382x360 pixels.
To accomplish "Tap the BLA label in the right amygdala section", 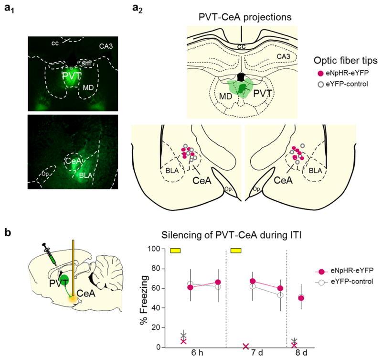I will click(314, 170).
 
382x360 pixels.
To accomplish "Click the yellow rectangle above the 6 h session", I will click(176, 250).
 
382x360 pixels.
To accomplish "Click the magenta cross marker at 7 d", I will click(233, 346).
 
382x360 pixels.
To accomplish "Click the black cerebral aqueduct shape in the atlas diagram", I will click(241, 76).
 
